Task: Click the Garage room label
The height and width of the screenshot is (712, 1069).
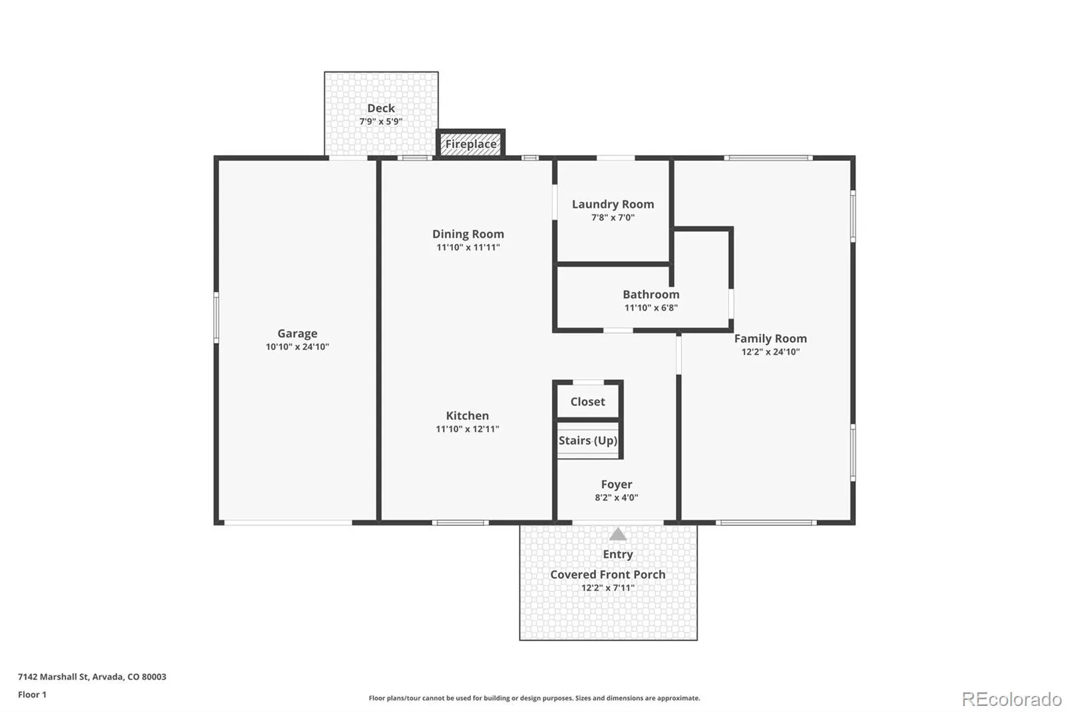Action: coord(297,333)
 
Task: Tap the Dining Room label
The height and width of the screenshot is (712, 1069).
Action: coord(468,234)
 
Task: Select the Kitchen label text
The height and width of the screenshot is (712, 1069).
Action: coord(467,415)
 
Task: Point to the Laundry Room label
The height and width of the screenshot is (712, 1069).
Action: coord(613,204)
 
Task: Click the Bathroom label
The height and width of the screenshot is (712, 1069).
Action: coord(651,295)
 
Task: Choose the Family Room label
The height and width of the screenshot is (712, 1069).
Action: coord(770,339)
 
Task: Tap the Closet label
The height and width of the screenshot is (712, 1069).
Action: coord(587,402)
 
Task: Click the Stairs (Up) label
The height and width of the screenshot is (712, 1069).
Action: coord(588,440)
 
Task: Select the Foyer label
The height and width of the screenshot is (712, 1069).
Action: coord(617,484)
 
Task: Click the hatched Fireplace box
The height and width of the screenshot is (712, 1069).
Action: coord(470,144)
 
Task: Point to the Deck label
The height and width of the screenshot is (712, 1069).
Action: coord(381,108)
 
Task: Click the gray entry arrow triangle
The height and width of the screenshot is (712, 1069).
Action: coord(617,534)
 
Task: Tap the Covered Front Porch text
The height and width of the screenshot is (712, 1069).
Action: coord(607,574)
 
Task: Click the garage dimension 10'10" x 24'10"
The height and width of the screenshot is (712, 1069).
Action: coord(297,347)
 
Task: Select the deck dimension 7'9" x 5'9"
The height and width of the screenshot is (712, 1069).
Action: coord(381,122)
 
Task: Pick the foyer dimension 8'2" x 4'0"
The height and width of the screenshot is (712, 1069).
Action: coord(617,498)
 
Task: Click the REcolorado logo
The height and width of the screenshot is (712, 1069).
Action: coord(1012,699)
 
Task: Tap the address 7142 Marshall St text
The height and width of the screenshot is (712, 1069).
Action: coord(53,677)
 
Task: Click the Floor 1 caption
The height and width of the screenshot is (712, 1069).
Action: coord(33,695)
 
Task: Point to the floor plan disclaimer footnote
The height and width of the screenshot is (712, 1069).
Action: coord(534,698)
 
